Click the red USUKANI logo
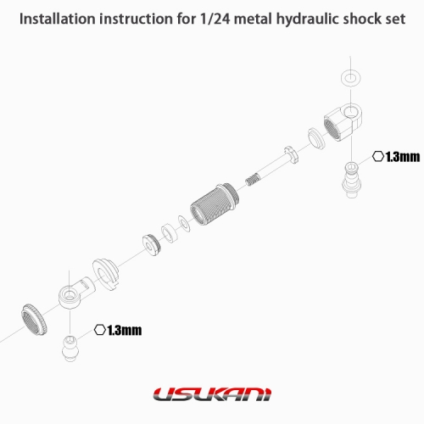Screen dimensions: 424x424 click(x=212, y=394)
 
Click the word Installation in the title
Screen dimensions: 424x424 click(x=58, y=19)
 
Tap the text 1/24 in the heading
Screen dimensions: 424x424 click(x=215, y=19)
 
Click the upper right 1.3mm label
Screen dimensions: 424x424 click(x=403, y=157)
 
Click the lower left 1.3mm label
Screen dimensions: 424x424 click(x=125, y=331)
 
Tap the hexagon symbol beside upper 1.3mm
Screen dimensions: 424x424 click(x=378, y=156)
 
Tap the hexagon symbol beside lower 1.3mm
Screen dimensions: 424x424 click(x=100, y=330)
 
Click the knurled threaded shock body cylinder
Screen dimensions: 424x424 click(x=215, y=204)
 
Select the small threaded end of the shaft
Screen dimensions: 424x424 click(x=252, y=179)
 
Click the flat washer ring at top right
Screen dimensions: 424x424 click(x=350, y=77)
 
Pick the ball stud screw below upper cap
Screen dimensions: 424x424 click(x=351, y=180)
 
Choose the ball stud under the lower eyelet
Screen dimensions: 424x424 click(x=70, y=348)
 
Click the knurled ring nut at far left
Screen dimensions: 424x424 click(x=34, y=320)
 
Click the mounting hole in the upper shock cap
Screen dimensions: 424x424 click(x=350, y=111)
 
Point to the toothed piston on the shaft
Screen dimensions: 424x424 click(x=292, y=155)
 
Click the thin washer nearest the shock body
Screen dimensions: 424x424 click(x=184, y=223)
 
